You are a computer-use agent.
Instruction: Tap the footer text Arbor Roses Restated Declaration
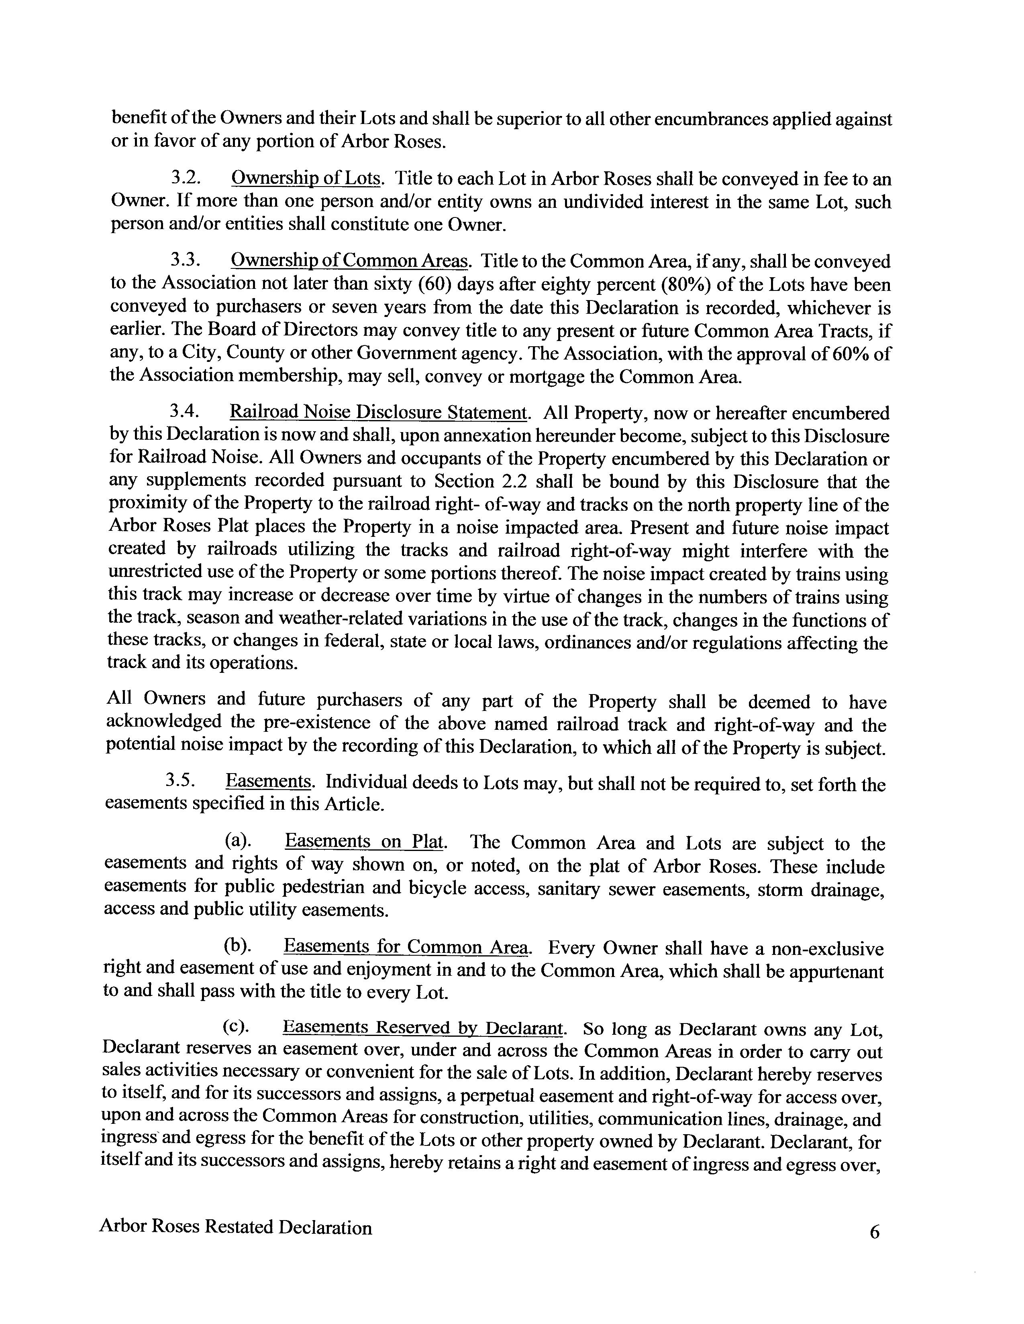pyautogui.click(x=235, y=1227)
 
